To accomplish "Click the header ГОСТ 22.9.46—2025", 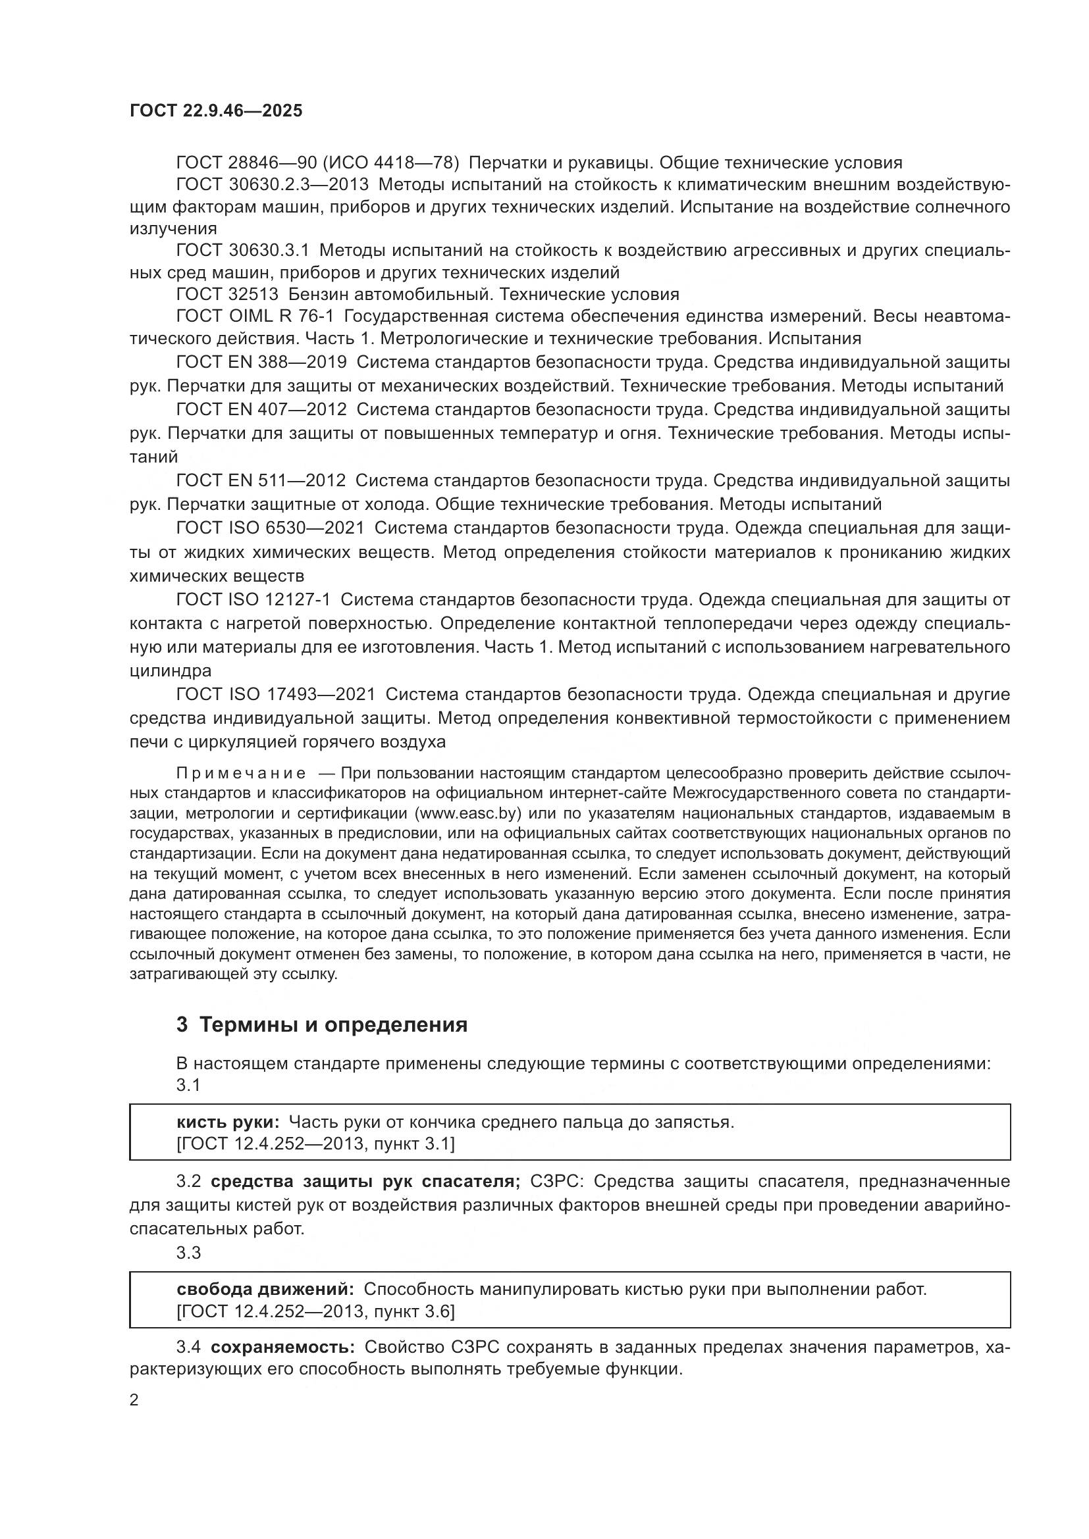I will [x=215, y=111].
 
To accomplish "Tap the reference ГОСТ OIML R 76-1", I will [x=254, y=316].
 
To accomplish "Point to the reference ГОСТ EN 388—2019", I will [x=261, y=362].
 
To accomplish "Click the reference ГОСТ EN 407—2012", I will [x=261, y=409].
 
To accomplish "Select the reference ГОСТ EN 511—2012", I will [x=261, y=480].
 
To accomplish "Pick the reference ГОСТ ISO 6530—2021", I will [x=269, y=528].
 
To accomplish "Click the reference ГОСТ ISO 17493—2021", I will [x=275, y=694].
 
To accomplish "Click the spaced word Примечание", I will [x=241, y=774].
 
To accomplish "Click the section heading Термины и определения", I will [x=333, y=1025].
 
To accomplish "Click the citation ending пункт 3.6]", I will [x=411, y=1311].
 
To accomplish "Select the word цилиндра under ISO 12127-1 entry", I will [x=171, y=670].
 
